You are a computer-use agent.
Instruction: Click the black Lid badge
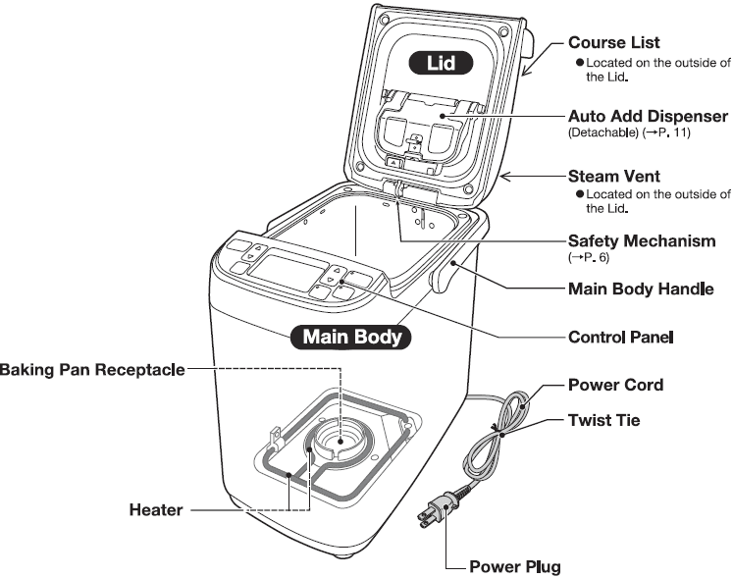(440, 66)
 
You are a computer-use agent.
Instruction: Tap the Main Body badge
(352, 337)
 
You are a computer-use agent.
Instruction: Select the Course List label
(614, 43)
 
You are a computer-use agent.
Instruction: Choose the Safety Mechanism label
(642, 240)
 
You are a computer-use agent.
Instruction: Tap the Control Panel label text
(621, 337)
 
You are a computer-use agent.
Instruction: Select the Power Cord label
(616, 385)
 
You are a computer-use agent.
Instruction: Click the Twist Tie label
(604, 420)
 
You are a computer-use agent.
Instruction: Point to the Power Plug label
(515, 567)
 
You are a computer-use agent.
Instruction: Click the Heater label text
(157, 510)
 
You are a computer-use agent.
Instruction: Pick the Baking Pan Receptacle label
(91, 369)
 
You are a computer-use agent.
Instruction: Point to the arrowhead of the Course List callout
(524, 75)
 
